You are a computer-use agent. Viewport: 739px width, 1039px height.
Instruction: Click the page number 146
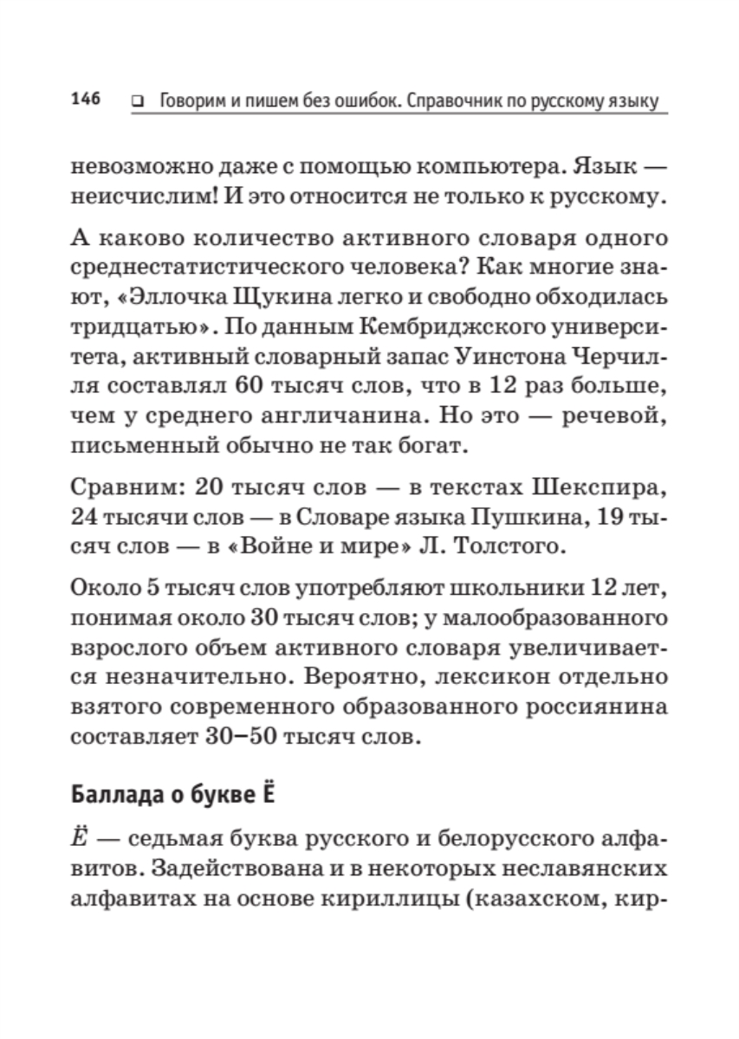[86, 100]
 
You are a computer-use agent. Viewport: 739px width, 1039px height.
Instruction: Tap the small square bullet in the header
[136, 102]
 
